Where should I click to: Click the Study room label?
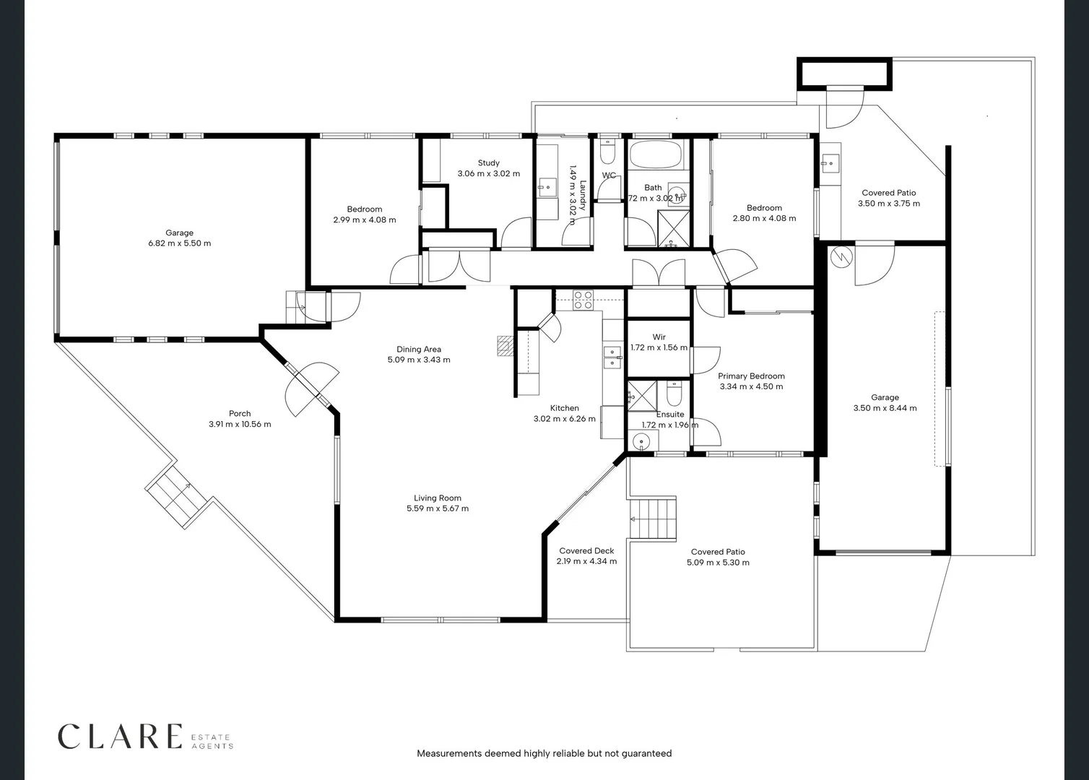(489, 163)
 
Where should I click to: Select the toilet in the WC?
(608, 152)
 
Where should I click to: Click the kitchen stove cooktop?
(583, 300)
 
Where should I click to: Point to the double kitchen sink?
(612, 357)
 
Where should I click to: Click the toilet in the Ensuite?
(674, 394)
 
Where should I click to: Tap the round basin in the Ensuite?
(642, 442)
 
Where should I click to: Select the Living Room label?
(438, 498)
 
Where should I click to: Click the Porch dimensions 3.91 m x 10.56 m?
(240, 424)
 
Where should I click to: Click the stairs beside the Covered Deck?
(653, 519)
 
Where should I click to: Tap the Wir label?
(659, 337)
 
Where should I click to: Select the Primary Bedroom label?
(751, 376)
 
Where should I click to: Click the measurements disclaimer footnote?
(544, 753)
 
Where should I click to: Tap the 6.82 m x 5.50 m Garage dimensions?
(179, 243)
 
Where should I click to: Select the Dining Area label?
(419, 349)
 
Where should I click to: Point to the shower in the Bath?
(673, 229)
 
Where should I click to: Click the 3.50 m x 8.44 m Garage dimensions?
(885, 408)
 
